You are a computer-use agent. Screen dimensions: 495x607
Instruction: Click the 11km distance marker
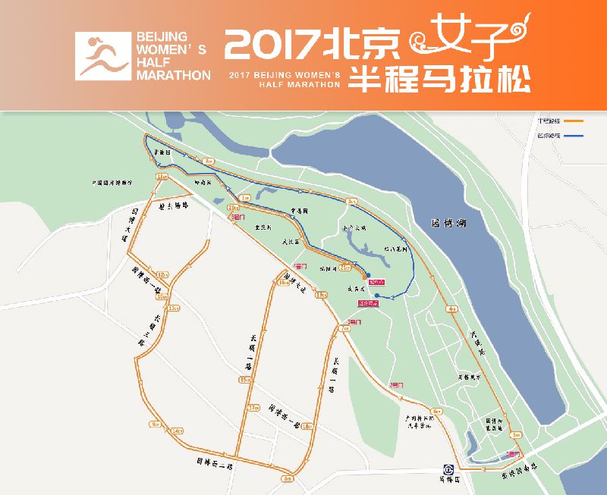click(162, 177)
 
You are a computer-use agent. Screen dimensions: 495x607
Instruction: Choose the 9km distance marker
click(156, 425)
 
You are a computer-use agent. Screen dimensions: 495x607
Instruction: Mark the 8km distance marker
click(288, 478)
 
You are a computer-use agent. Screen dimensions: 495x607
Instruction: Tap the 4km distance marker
click(452, 309)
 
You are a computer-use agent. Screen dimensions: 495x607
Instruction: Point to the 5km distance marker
click(517, 435)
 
